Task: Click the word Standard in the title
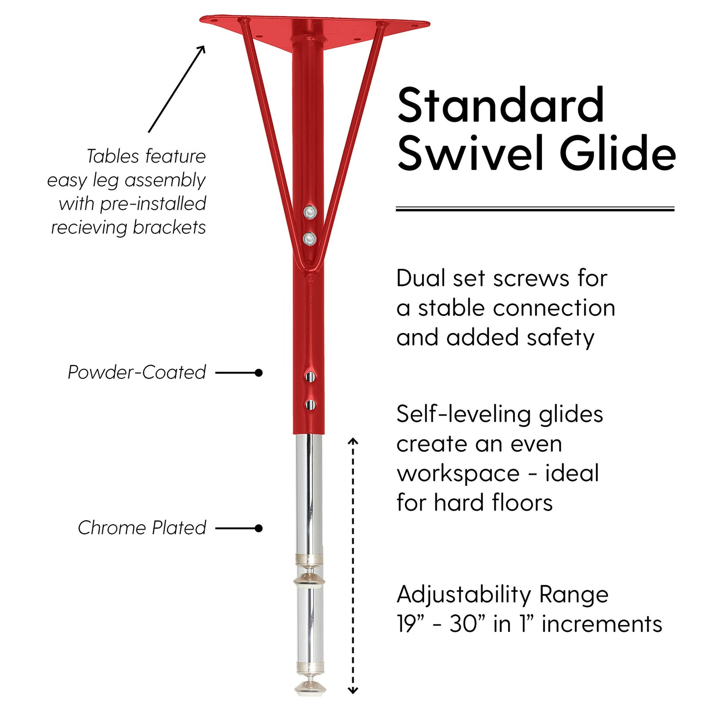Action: pos(501,105)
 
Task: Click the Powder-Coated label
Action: pos(137,372)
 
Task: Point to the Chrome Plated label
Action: pos(142,528)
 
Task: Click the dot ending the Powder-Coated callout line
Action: pos(258,373)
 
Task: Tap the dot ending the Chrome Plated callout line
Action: pos(258,528)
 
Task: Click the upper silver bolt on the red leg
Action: pos(310,212)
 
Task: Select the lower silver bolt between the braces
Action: pos(310,239)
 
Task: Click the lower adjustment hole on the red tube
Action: pos(310,404)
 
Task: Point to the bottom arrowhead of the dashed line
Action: pos(353,691)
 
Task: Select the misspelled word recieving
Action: pos(89,227)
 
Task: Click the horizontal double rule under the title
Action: pos(535,209)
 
